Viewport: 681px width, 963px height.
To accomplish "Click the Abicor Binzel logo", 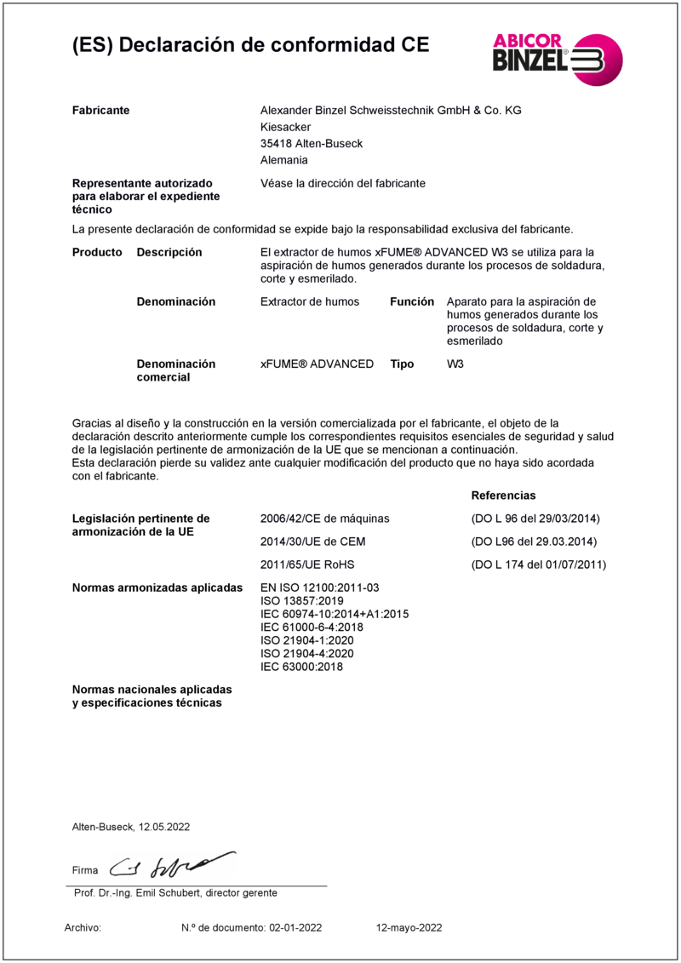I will (558, 59).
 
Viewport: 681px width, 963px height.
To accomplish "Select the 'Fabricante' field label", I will (100, 111).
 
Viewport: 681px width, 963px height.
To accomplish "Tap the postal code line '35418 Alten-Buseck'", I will (311, 144).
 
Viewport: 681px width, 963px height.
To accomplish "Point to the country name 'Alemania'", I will (283, 160).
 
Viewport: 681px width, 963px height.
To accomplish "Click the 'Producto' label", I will (97, 252).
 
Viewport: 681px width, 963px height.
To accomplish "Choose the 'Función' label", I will (412, 301).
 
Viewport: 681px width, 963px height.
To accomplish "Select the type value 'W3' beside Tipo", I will (455, 364).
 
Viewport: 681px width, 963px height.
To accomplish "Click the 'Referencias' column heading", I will (503, 495).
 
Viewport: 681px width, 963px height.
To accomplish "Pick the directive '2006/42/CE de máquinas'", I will (324, 518).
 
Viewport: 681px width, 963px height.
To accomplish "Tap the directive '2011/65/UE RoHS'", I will (306, 565).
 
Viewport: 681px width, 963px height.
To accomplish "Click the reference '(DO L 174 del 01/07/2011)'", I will (538, 565).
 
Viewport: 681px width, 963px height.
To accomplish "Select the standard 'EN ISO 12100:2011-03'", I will (319, 588).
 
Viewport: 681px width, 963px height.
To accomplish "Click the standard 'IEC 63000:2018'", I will (300, 667).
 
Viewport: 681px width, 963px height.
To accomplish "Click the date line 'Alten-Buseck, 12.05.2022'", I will (131, 827).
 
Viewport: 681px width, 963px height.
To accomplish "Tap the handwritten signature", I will (177, 866).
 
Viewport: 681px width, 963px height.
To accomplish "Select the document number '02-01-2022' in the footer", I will (295, 928).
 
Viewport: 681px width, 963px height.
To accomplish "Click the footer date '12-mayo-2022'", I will (409, 928).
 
